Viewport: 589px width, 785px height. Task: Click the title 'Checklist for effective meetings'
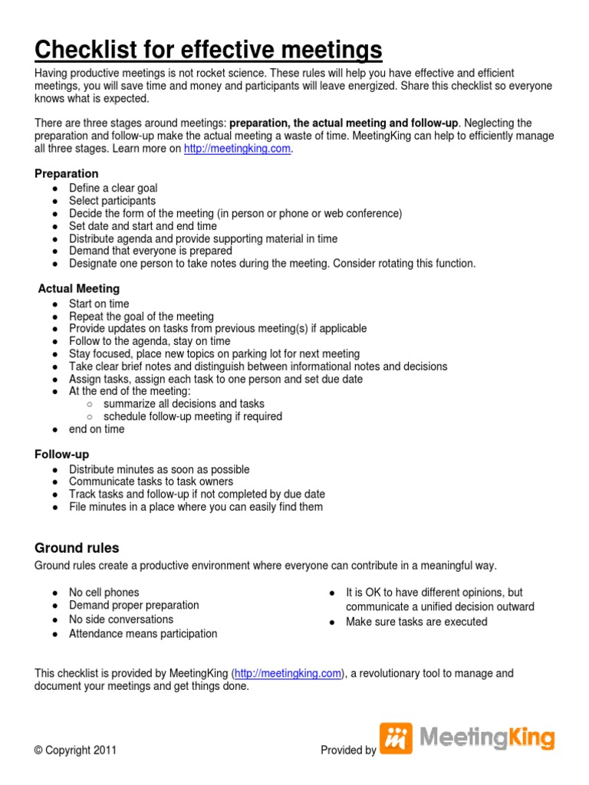[x=208, y=51]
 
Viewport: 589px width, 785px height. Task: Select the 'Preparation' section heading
[x=67, y=174]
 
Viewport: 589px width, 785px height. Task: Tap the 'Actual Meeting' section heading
[x=79, y=289]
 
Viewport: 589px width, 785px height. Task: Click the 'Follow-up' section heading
[x=61, y=455]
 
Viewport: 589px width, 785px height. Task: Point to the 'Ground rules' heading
[x=77, y=548]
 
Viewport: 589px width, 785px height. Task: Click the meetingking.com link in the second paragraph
[x=238, y=149]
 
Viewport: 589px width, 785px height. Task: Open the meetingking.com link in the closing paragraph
[x=288, y=674]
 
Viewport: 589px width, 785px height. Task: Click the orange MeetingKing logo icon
[x=396, y=739]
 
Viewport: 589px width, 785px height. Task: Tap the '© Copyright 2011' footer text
[x=75, y=751]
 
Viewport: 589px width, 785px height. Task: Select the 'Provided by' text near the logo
[x=348, y=751]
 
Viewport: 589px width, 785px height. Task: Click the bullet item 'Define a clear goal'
[x=114, y=188]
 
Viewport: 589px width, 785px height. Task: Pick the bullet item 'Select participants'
[x=112, y=201]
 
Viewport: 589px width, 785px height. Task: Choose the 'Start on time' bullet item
[x=99, y=304]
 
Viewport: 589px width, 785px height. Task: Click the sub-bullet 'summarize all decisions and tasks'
[x=184, y=404]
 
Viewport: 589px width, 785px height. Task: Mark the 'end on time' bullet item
[x=97, y=429]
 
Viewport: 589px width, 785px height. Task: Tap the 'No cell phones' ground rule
[x=104, y=593]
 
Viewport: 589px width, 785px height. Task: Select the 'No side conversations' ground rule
[x=121, y=619]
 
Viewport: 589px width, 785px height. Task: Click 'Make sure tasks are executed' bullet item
[x=416, y=622]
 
